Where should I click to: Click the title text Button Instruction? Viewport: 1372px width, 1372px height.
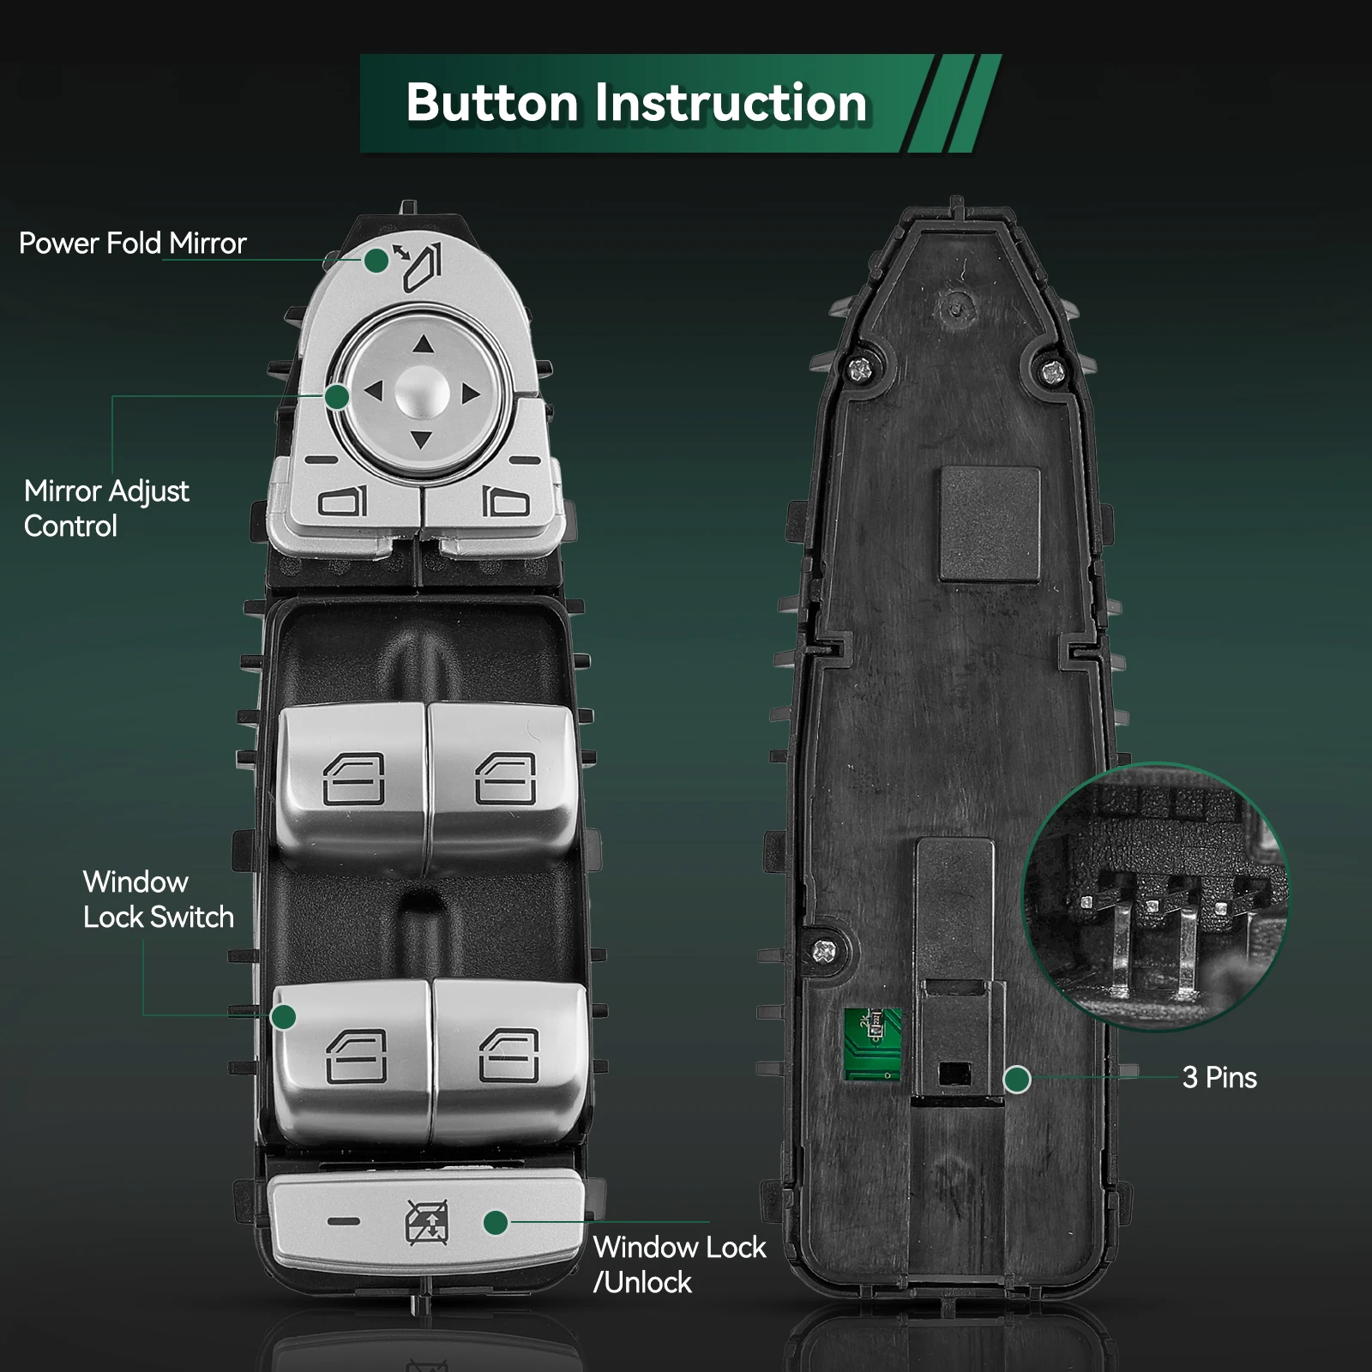pyautogui.click(x=636, y=103)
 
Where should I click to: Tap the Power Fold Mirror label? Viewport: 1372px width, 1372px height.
pyautogui.click(x=132, y=244)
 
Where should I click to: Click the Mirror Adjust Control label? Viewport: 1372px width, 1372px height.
pyautogui.click(x=106, y=508)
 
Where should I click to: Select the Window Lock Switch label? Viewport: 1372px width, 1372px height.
pyautogui.click(x=158, y=900)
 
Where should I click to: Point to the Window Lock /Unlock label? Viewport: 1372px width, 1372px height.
pyautogui.click(x=679, y=1264)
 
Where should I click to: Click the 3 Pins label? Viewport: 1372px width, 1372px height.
pyautogui.click(x=1219, y=1078)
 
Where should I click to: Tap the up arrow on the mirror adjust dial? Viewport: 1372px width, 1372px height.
pyautogui.click(x=423, y=345)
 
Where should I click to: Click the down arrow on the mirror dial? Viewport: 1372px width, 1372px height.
pyautogui.click(x=421, y=440)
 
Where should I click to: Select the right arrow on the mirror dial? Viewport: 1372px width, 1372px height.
pyautogui.click(x=471, y=394)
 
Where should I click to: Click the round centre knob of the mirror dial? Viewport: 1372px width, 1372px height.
pyautogui.click(x=422, y=393)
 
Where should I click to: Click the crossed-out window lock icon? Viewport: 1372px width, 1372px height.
pyautogui.click(x=427, y=1222)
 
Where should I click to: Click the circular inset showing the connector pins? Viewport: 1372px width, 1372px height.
pyautogui.click(x=1155, y=896)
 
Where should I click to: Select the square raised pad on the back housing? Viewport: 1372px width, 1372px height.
pyautogui.click(x=990, y=524)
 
